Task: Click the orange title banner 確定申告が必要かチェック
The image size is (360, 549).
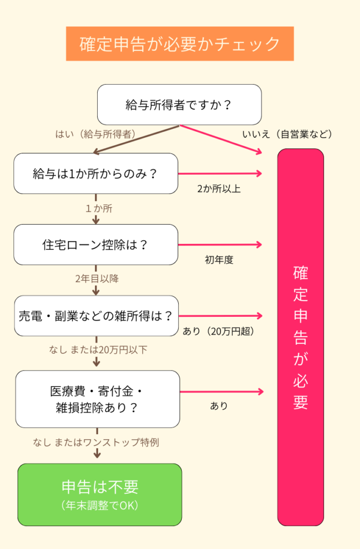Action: point(180,43)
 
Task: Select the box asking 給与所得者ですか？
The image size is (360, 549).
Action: point(179,105)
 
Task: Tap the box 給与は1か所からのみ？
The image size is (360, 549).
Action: point(95,173)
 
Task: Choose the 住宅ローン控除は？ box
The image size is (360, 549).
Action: point(95,244)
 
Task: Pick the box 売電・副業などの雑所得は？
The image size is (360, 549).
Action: point(96,316)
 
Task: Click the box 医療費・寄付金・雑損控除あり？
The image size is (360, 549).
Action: point(97,399)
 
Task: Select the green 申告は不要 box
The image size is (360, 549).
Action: point(100,494)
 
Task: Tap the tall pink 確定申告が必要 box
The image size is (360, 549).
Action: point(300,337)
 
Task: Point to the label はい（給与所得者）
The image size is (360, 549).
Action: point(95,134)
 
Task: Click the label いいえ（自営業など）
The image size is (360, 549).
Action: point(288,134)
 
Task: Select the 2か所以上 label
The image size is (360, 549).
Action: point(219,189)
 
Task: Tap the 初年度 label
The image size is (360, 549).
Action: point(219,260)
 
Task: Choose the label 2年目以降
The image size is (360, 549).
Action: point(97,278)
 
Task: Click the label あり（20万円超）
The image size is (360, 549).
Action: point(218,331)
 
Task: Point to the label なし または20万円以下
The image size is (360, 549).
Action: point(98,350)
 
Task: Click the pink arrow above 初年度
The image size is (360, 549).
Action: point(220,244)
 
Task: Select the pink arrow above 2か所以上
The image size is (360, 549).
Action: point(220,173)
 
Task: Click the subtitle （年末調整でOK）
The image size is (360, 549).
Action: point(100,506)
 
